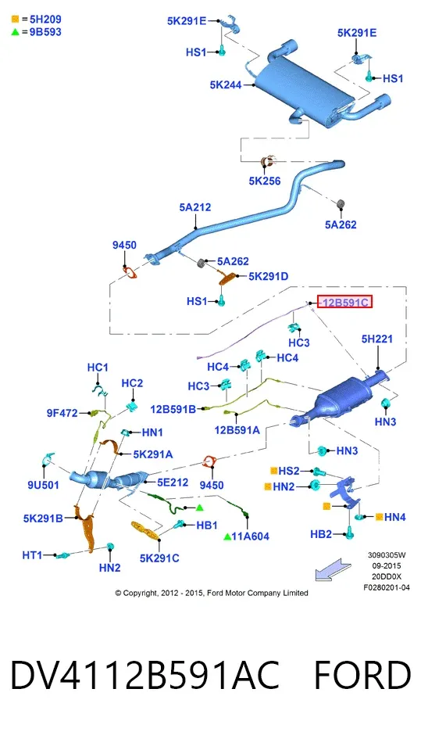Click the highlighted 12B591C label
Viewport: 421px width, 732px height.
[344, 302]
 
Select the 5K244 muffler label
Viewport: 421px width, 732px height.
[226, 85]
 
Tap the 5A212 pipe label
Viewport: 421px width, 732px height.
[195, 206]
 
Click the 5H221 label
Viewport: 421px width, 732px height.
[377, 339]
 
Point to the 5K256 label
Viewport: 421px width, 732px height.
[265, 181]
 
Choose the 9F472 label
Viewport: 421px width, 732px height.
[62, 413]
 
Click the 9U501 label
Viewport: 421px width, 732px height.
[44, 485]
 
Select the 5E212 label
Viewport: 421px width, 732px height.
[173, 483]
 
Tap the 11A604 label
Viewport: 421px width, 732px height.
[251, 536]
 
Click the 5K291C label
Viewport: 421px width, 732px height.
[159, 558]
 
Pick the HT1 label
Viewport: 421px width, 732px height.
[32, 555]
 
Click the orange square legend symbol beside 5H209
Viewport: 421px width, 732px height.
[16, 19]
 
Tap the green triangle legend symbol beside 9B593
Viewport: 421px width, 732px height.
[16, 32]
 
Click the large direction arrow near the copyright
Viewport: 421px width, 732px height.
[333, 569]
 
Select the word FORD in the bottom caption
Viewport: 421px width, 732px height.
[362, 675]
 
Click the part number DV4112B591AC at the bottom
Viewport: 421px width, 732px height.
[145, 675]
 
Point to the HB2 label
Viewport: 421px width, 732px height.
[321, 534]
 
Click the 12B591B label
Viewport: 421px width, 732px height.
[173, 410]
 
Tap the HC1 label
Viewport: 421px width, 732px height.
[98, 368]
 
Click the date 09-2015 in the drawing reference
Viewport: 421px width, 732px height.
[387, 565]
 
